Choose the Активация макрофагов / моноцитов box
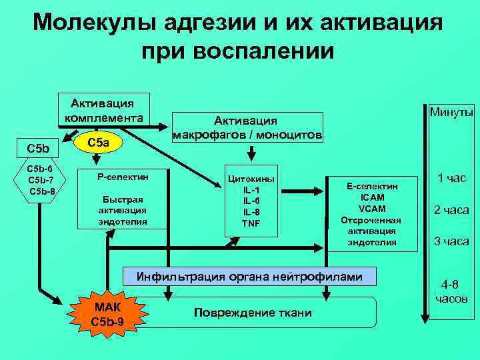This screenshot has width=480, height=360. [247, 127]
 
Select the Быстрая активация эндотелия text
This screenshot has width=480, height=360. [123, 210]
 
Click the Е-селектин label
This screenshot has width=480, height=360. [372, 187]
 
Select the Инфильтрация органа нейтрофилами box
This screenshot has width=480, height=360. [250, 276]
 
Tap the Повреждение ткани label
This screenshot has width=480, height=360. [253, 313]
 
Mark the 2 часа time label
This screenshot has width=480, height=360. [451, 210]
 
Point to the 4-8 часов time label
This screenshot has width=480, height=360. [451, 291]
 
